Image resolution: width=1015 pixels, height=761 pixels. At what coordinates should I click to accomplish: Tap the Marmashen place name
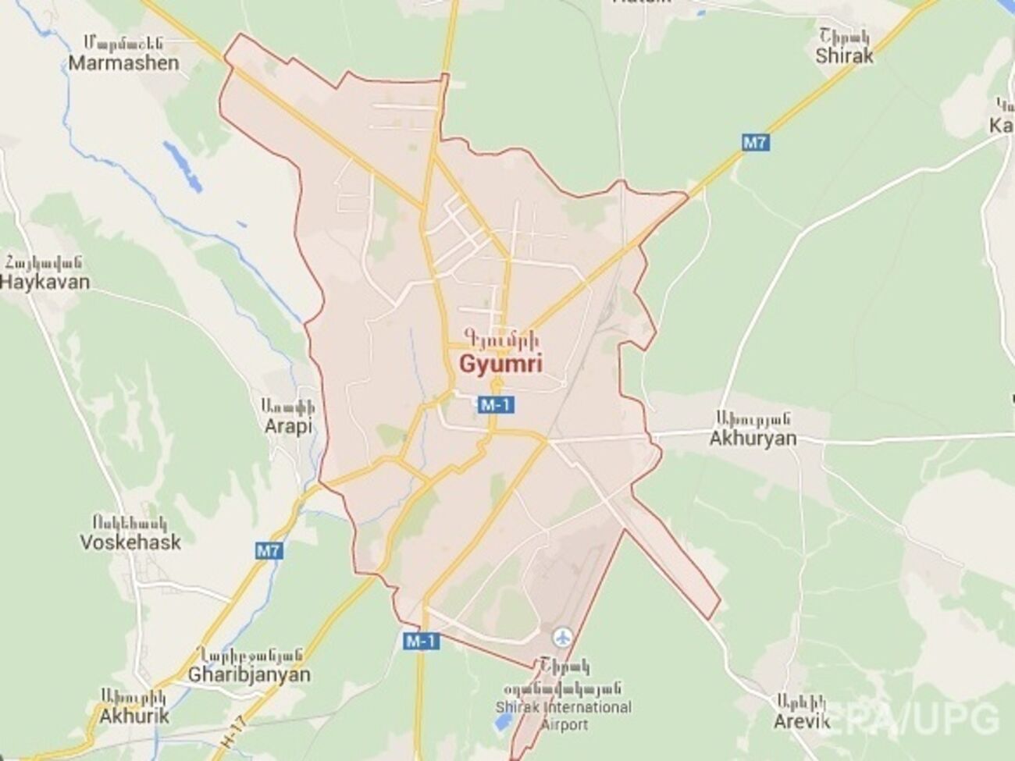point(123,63)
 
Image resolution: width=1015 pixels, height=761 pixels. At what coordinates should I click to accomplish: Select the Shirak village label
point(844,56)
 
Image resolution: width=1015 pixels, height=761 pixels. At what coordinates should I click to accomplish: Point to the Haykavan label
point(45,282)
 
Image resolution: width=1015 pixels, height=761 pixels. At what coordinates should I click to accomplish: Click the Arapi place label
point(287,427)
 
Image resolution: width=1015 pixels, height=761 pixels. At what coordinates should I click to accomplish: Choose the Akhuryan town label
point(753,438)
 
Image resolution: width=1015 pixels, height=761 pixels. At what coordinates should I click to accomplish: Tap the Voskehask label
point(130,542)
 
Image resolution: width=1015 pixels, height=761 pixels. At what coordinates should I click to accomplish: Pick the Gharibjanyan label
point(249,674)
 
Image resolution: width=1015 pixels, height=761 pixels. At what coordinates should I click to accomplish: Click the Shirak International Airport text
point(564,717)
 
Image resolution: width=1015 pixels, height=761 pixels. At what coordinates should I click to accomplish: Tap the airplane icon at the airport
point(560,638)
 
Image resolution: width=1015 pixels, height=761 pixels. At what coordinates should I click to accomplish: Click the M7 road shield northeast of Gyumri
point(753,142)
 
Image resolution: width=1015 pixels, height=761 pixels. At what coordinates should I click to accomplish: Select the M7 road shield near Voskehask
point(268,551)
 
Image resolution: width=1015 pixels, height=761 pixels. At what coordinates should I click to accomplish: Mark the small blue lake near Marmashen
point(182,164)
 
